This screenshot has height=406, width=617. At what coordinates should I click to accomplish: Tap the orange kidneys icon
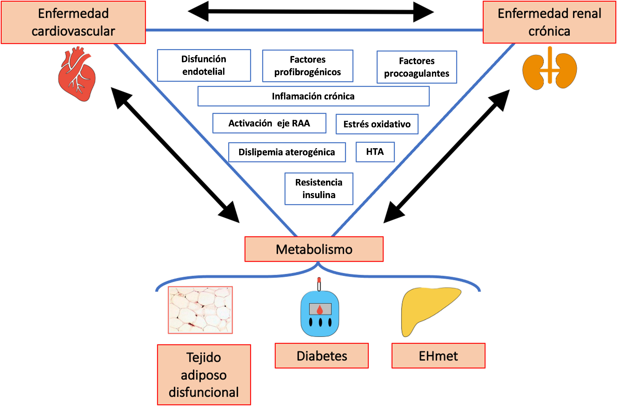click(549, 69)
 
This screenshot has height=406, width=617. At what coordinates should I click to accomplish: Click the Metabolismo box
click(314, 249)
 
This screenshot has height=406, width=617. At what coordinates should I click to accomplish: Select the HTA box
click(375, 152)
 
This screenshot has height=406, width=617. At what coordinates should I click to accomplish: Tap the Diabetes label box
click(322, 356)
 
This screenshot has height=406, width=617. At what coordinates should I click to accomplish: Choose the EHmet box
click(438, 356)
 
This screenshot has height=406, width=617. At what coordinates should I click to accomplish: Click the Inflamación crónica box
click(313, 96)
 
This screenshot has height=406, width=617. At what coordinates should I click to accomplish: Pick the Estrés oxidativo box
click(377, 124)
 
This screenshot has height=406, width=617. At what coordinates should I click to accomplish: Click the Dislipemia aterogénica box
click(287, 152)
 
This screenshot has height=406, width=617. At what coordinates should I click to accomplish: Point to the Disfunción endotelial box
click(204, 65)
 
